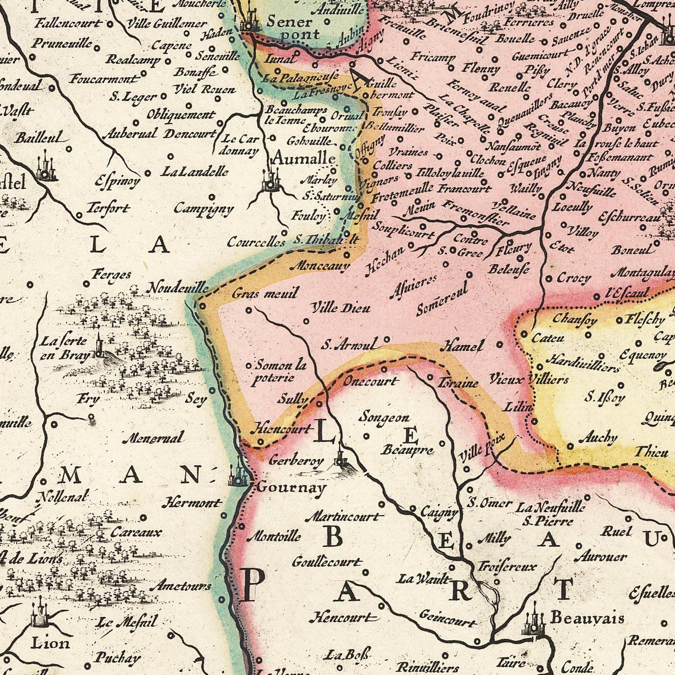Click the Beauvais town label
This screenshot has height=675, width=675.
pyautogui.click(x=587, y=618)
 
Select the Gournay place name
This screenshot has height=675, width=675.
pyautogui.click(x=291, y=488)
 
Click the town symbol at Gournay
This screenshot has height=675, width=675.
pyautogui.click(x=240, y=473)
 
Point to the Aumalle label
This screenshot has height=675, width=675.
pyautogui.click(x=303, y=158)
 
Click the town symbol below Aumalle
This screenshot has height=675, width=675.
pyautogui.click(x=270, y=181)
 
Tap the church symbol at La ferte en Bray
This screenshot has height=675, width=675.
pyautogui.click(x=99, y=346)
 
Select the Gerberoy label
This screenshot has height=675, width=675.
pyautogui.click(x=296, y=461)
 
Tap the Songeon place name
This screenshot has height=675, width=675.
pyautogui.click(x=384, y=417)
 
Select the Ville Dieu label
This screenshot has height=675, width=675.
pyautogui.click(x=341, y=308)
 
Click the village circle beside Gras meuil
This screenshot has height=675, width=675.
pyautogui.click(x=249, y=310)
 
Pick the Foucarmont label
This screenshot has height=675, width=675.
pyautogui.click(x=104, y=79)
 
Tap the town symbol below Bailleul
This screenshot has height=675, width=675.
pyautogui.click(x=45, y=167)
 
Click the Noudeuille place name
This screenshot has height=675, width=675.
pyautogui.click(x=178, y=288)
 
